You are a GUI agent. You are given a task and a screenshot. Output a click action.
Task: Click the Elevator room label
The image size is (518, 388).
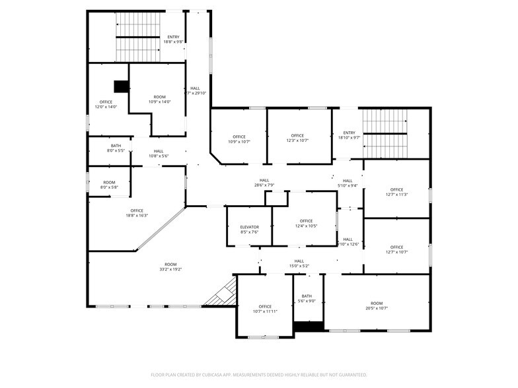249,229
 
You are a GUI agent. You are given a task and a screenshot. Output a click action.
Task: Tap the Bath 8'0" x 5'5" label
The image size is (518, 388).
116,148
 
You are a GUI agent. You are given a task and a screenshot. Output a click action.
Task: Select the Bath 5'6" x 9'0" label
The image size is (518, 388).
307,298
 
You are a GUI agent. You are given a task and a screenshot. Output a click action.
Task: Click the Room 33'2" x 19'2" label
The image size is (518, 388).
170,267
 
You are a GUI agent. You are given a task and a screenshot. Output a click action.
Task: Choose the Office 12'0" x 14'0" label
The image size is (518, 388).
106,104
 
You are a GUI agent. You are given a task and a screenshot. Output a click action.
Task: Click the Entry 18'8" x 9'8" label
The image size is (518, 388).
173,40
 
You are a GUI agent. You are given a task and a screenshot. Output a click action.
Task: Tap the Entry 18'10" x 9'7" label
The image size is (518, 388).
349,135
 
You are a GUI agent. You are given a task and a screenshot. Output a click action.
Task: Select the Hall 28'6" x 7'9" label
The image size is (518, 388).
264,183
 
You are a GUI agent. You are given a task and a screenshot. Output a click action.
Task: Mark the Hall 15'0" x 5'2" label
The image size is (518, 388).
299,263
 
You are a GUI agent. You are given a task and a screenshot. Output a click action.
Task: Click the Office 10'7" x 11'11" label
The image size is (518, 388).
265,309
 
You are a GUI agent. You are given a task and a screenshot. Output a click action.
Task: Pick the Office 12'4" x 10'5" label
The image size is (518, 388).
306,224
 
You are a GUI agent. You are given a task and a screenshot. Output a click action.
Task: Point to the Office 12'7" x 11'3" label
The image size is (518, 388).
396,192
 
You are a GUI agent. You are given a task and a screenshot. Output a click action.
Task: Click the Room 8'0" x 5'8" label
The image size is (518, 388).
109,185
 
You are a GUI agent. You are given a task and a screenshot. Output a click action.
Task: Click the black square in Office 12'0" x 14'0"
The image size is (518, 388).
120,86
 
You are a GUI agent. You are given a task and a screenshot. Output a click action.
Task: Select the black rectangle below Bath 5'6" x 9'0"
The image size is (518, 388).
309,326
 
